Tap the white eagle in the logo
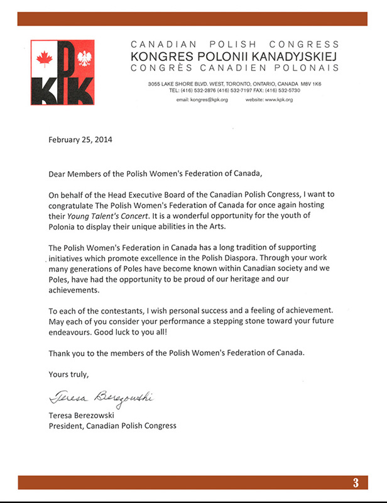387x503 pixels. point(84,59)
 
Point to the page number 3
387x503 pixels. point(356,483)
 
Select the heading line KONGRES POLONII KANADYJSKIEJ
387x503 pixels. point(234,56)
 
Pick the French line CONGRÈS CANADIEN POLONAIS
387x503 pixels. point(234,67)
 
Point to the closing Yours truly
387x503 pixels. point(69,374)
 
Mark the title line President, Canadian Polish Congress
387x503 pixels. point(112,425)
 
